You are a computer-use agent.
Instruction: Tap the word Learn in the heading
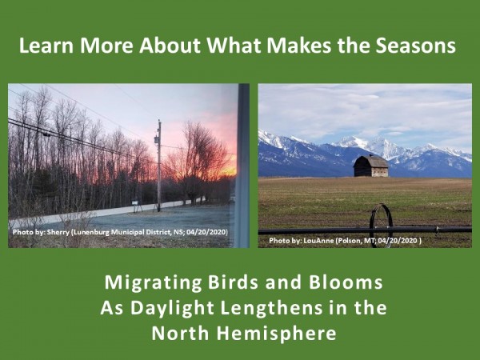pyautogui.click(x=45, y=46)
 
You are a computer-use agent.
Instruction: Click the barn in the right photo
pyautogui.click(x=371, y=166)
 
